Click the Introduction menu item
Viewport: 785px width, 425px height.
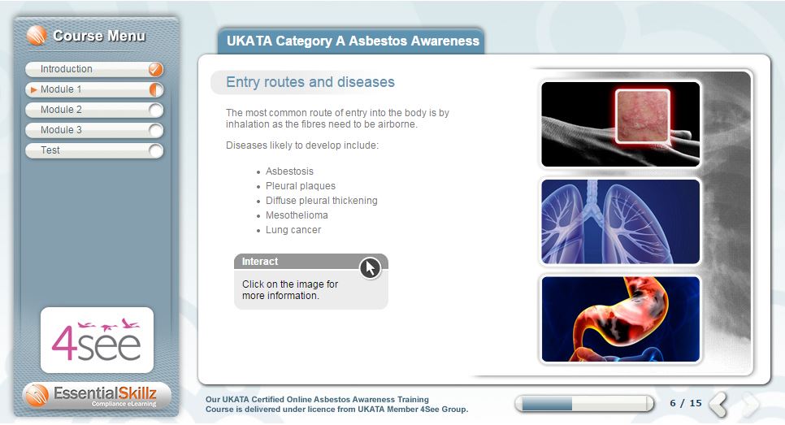(x=94, y=69)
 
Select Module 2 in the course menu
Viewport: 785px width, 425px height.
(x=94, y=110)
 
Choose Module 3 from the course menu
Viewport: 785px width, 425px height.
(x=94, y=130)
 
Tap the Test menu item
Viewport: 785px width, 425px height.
(x=94, y=150)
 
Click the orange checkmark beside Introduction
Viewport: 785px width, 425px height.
(x=156, y=69)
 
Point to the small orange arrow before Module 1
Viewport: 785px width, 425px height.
(x=33, y=89)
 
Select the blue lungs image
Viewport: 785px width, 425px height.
(x=620, y=221)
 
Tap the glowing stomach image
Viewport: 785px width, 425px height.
(x=620, y=319)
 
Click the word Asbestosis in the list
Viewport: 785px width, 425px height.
(x=289, y=171)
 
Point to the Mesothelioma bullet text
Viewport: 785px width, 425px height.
(x=297, y=215)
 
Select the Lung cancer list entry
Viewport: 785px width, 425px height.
(x=293, y=230)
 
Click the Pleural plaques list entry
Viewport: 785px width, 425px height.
(x=301, y=186)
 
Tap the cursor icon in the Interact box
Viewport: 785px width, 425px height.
(x=370, y=268)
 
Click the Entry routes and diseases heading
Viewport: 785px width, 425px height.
(x=310, y=82)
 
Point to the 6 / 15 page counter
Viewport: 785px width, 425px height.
(x=686, y=403)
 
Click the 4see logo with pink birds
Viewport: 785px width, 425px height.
(x=98, y=340)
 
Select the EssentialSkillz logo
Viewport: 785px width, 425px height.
(x=98, y=396)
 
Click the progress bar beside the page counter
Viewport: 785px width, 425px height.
(x=584, y=404)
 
